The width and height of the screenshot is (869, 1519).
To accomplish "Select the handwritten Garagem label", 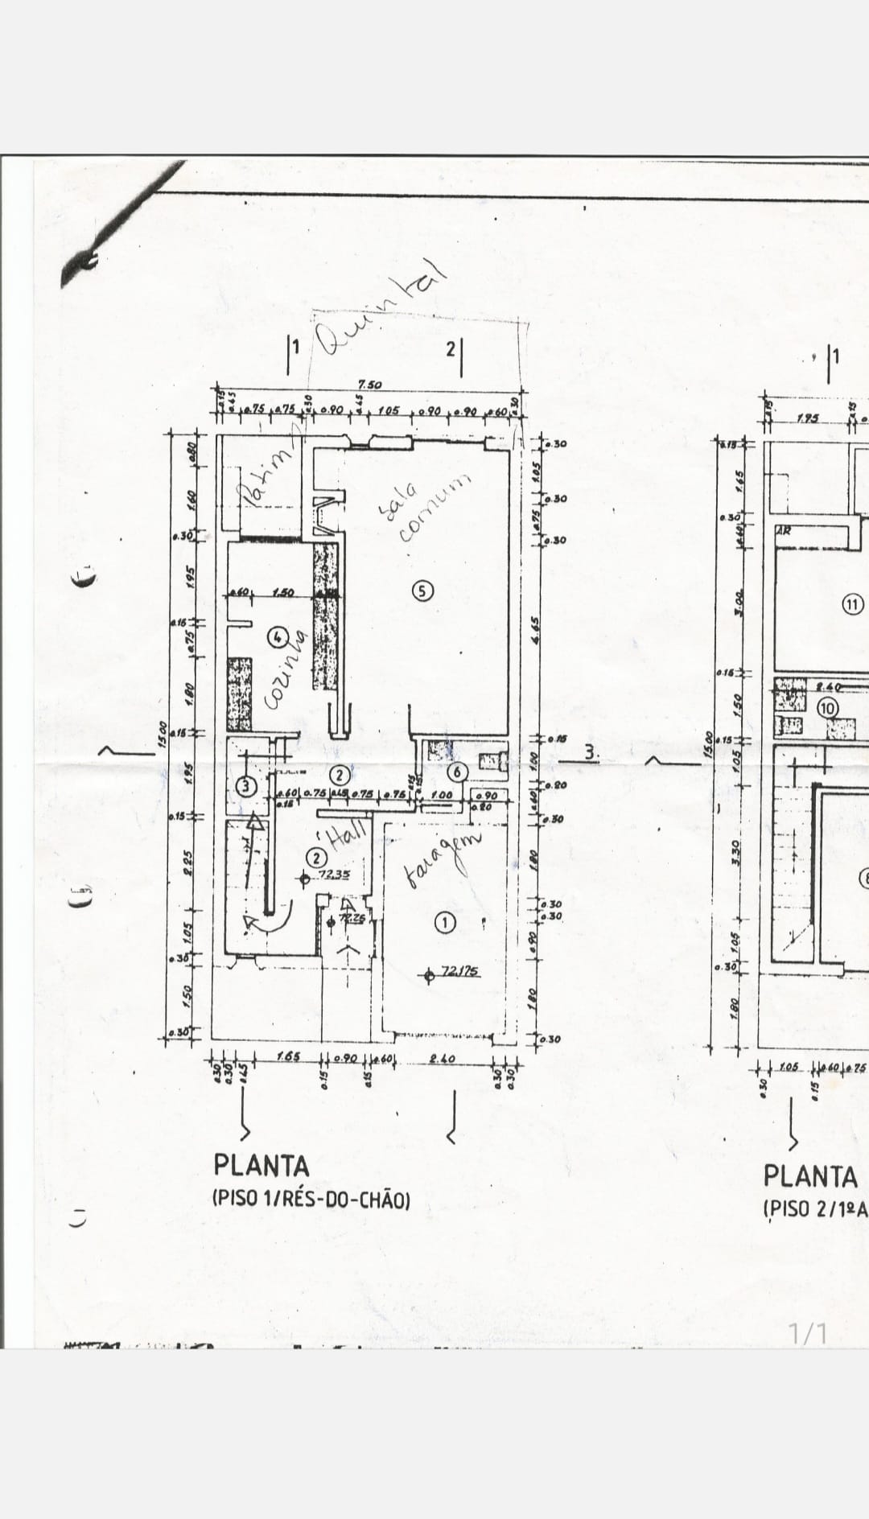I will click(442, 860).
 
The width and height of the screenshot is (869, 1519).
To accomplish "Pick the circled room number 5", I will click(423, 591).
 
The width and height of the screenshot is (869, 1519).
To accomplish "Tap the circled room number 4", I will click(278, 636).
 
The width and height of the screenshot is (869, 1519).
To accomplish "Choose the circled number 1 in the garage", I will click(445, 922).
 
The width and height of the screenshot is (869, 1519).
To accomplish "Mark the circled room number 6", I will click(457, 772).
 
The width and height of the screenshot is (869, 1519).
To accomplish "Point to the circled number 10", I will click(828, 708).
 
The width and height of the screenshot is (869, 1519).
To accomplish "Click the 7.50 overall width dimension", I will click(369, 385).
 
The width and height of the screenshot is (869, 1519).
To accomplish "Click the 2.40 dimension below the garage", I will click(443, 1059).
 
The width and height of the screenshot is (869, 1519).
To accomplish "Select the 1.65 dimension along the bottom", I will click(289, 1056).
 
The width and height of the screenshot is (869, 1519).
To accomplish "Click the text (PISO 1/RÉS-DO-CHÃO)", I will click(311, 1200).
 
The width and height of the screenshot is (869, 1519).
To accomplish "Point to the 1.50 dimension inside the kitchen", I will click(282, 593).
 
